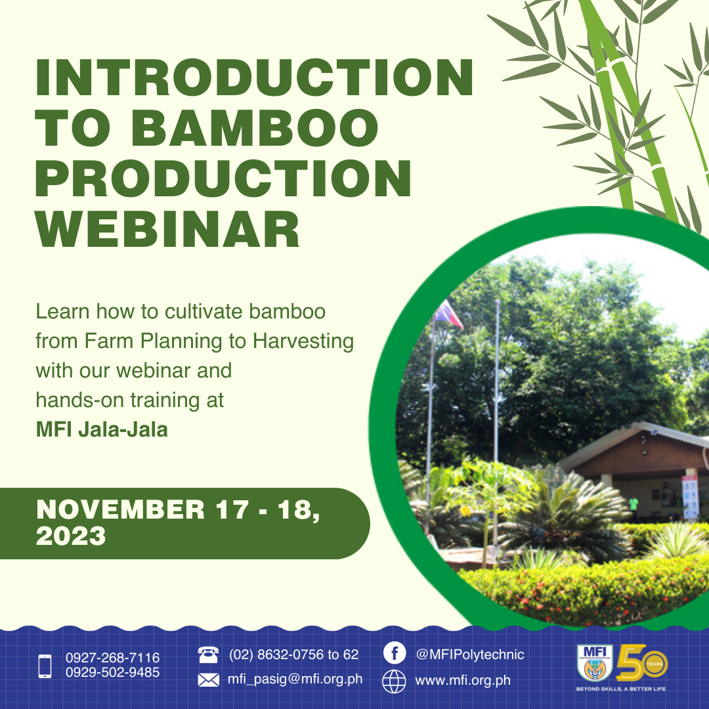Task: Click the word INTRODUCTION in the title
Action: coord(254,77)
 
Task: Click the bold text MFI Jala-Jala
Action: coord(102,429)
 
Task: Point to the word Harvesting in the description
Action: coord(303,342)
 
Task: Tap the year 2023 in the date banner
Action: coord(71,536)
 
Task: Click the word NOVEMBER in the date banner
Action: coord(121,509)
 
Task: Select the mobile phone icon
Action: coord(45,666)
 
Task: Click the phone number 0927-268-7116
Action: coord(113,657)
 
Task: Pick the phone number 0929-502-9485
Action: coord(113,672)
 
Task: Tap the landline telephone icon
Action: coord(209,655)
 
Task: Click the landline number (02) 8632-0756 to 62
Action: coord(293,655)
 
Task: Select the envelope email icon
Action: coord(209,679)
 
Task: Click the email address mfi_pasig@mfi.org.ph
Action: coord(295,679)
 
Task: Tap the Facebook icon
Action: coord(395,653)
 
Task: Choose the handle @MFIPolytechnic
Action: coord(470,655)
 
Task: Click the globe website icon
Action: coord(395,681)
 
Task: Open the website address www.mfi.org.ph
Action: coord(463,681)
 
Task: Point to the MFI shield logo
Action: coord(595,663)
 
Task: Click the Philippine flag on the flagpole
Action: coord(448,314)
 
